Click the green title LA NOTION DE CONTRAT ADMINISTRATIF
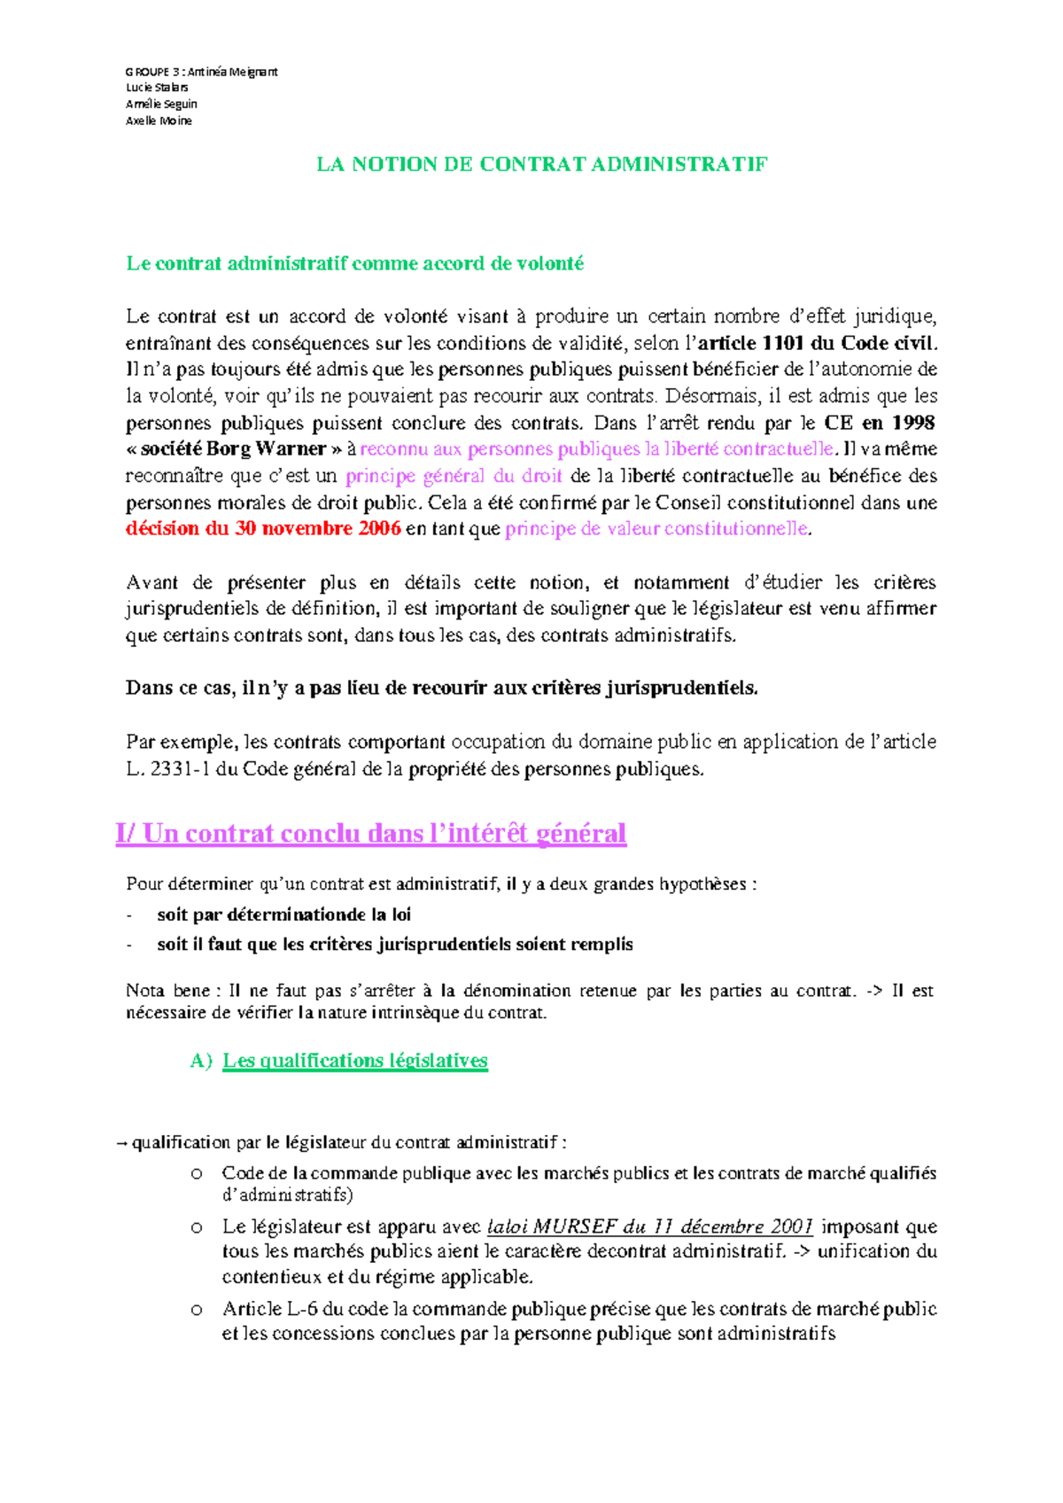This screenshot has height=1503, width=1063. coord(541,164)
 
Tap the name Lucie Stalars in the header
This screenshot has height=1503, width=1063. coord(157,88)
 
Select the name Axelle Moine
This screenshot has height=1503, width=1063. coord(159,121)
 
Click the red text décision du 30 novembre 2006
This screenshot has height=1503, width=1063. coord(263,529)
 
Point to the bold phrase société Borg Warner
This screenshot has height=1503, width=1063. coord(234,449)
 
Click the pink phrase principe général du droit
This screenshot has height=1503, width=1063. coord(454,476)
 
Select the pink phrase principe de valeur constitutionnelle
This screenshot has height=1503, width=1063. coord(656,529)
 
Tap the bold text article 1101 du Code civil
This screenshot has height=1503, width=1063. coord(816,343)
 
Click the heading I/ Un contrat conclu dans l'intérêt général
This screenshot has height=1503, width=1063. coord(370,834)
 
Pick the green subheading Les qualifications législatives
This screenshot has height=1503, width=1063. coord(354,1061)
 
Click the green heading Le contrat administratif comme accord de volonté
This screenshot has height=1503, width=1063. coord(355,263)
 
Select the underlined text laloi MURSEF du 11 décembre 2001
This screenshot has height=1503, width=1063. coord(650,1227)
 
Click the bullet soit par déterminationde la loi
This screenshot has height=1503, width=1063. coord(283,915)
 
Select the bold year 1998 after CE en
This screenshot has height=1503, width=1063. coord(912,423)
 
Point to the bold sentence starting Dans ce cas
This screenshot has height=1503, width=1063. coord(441,689)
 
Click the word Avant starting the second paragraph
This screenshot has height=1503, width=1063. coord(152,582)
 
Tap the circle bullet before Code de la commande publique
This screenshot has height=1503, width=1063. coord(197,1174)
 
